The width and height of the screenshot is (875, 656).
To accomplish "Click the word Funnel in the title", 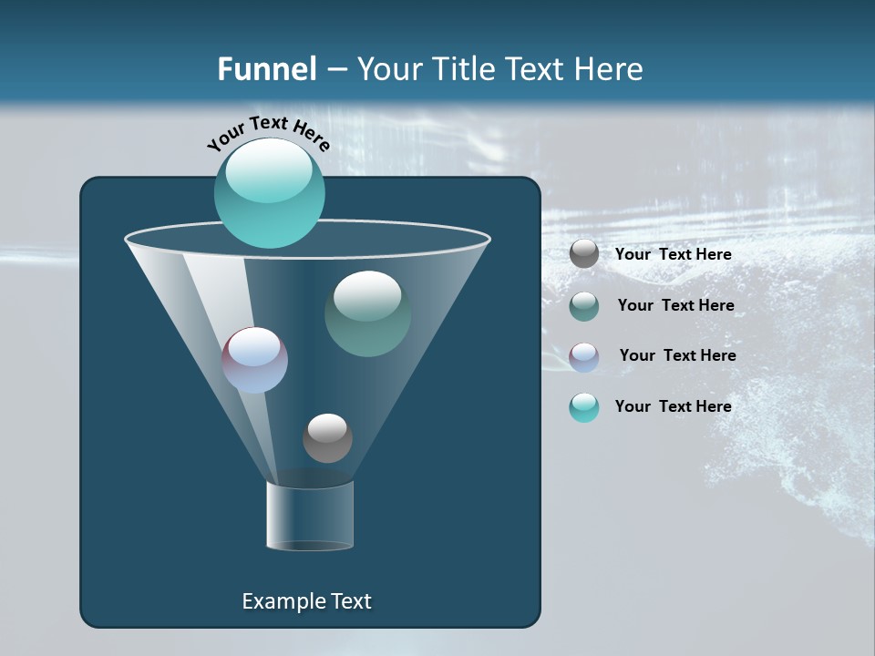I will click(x=266, y=69).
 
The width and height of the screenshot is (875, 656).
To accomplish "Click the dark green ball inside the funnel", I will click(x=367, y=313).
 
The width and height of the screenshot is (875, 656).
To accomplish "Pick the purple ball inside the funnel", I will click(x=255, y=360).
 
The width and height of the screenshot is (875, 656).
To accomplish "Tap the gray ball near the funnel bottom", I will click(x=327, y=437).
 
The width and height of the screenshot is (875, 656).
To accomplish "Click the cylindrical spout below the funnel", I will click(x=310, y=516).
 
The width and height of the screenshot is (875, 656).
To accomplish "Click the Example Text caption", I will click(x=306, y=601).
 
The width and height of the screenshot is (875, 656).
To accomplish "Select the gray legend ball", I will click(x=584, y=253).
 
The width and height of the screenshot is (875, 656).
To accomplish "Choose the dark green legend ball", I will click(x=584, y=306).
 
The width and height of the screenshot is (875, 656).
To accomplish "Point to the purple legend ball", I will click(x=584, y=356).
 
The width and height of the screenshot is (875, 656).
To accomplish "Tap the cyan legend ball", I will click(x=584, y=407).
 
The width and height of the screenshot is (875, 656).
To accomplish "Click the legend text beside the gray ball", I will click(x=673, y=255).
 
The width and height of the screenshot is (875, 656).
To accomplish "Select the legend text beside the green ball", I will click(x=675, y=305).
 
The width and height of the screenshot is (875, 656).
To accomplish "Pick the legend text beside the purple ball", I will click(x=677, y=355).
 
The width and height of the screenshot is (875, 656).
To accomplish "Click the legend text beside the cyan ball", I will click(x=673, y=406).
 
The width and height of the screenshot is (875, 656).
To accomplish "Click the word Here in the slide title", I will click(x=610, y=69).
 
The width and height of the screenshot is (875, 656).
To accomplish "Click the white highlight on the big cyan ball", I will click(x=269, y=173).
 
